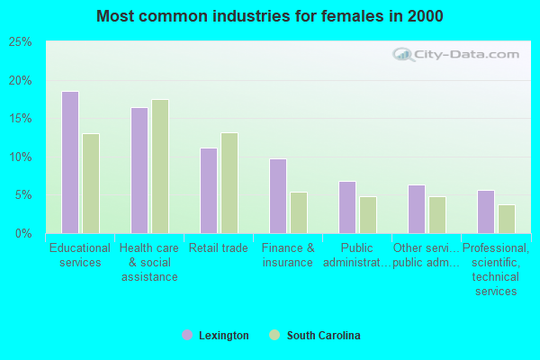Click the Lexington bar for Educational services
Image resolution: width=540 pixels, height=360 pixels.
point(69,162)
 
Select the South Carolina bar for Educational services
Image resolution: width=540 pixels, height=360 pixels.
point(91,184)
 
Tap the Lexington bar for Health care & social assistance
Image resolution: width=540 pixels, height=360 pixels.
point(139,170)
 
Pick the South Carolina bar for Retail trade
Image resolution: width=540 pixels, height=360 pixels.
point(229,183)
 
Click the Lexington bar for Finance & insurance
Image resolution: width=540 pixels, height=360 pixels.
point(277,196)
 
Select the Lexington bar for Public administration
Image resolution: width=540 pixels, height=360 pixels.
point(346,207)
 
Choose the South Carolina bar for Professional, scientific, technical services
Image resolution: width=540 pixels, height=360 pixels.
point(507,219)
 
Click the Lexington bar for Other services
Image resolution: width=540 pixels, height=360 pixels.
point(416,209)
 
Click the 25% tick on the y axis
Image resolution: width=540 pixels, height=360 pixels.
point(21,42)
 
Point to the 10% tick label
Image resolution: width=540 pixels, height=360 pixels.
point(21,157)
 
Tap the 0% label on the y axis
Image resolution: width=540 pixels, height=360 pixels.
point(24,234)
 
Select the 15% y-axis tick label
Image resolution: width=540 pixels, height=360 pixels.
point(21,119)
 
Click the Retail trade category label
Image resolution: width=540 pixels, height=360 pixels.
point(218,248)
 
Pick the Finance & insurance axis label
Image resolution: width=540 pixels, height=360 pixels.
point(288,256)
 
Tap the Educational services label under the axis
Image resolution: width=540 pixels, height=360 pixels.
point(80,256)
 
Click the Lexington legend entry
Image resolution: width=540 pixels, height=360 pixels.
point(215,336)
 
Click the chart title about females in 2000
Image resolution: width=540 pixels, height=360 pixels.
point(270,16)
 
